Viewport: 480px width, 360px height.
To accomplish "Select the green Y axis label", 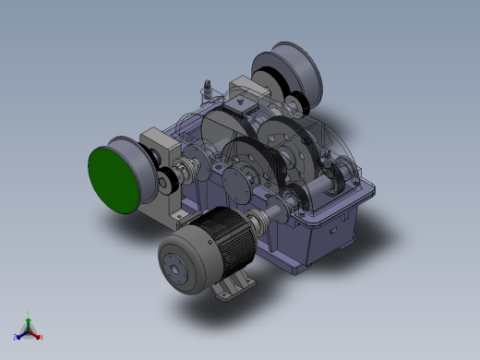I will pos(29,314).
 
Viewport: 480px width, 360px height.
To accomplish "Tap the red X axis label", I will pos(42,337).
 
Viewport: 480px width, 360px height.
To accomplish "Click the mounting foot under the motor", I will pos(231,288).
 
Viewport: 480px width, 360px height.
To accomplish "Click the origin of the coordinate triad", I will pos(29,330).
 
